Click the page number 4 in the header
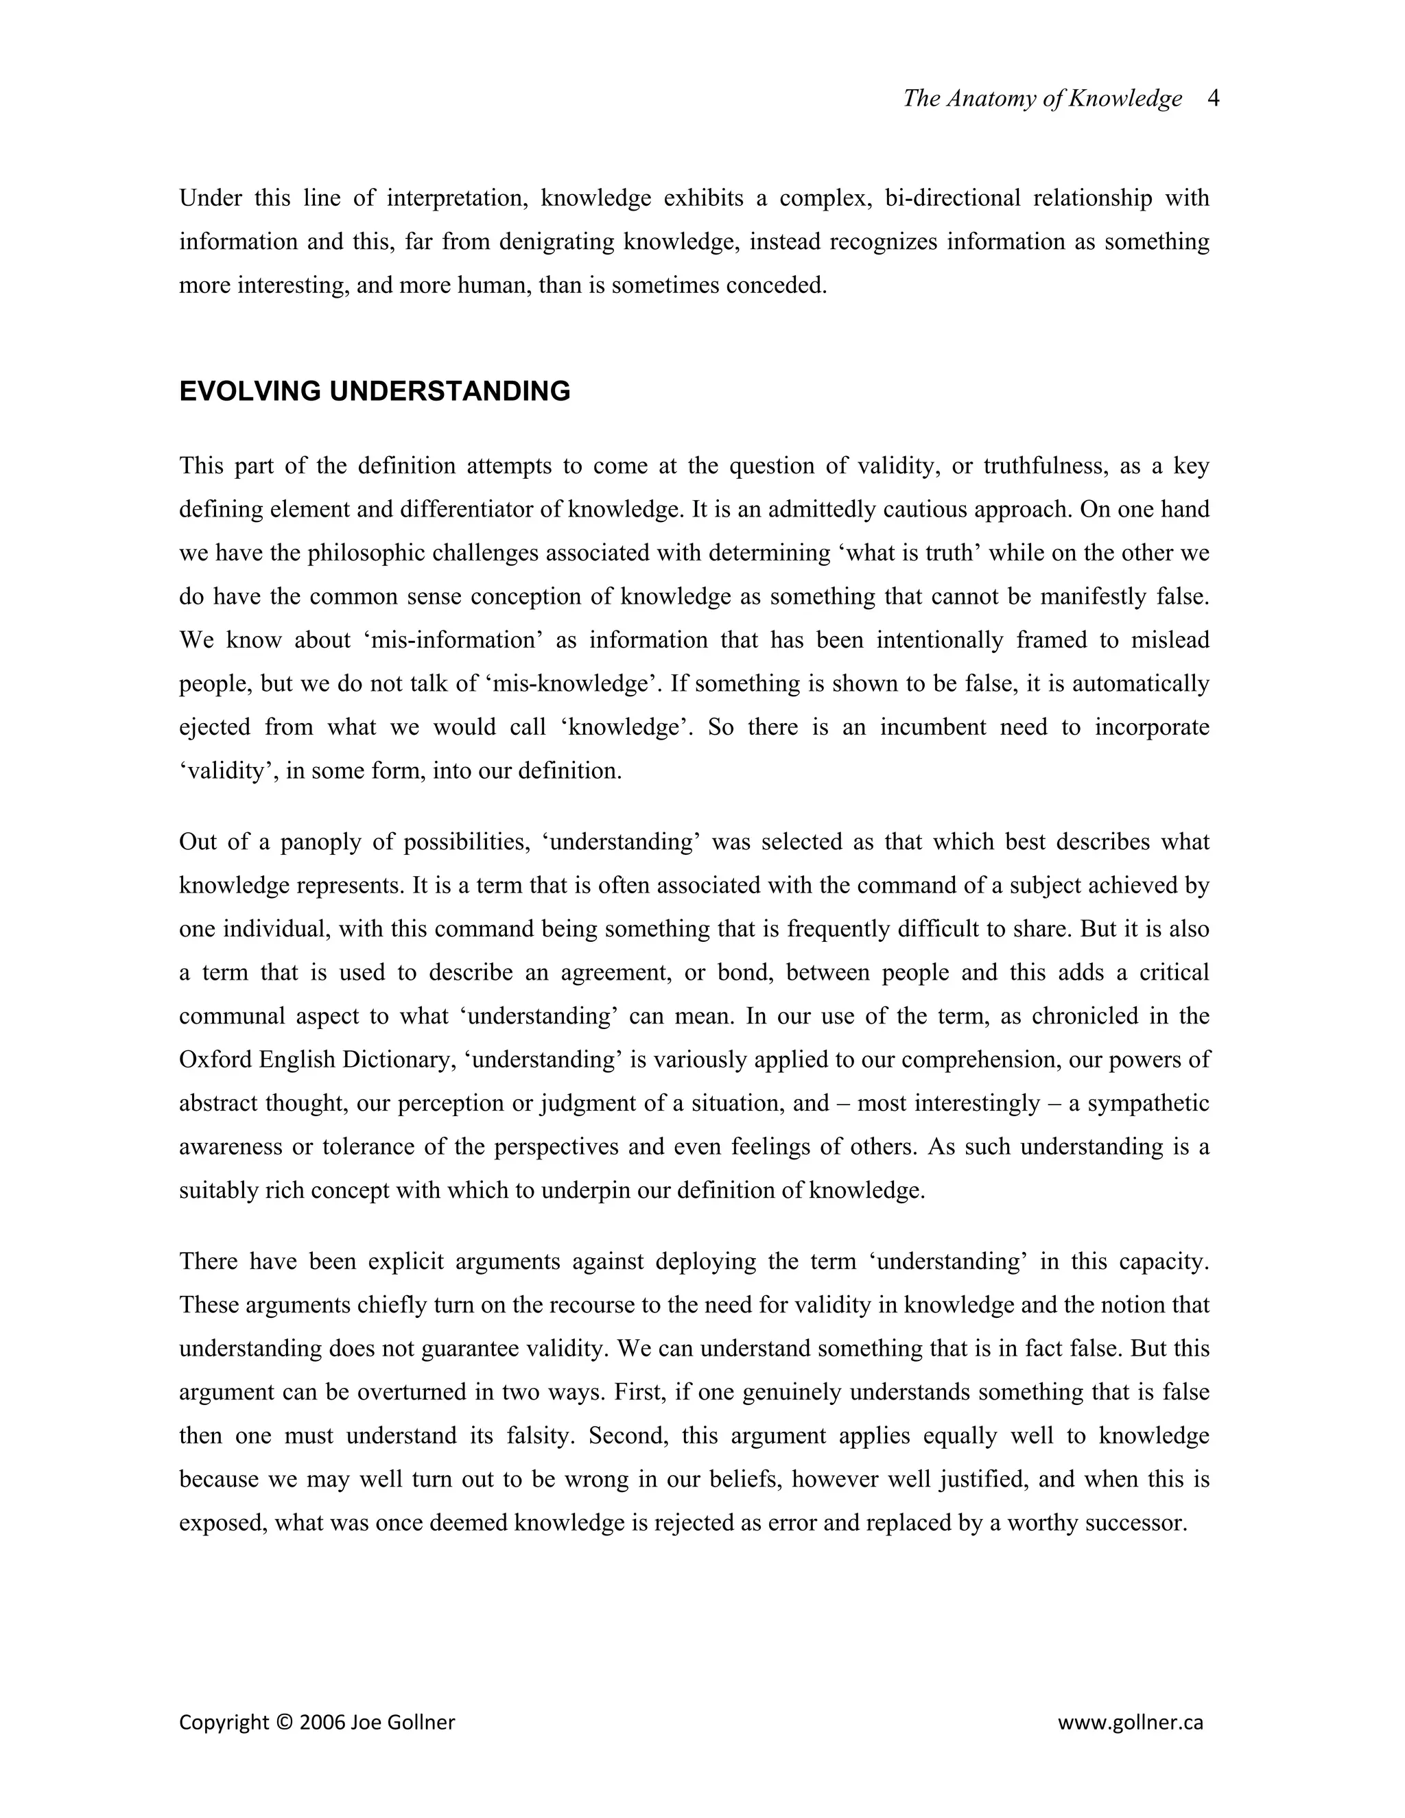(x=1213, y=98)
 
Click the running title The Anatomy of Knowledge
(x=1042, y=98)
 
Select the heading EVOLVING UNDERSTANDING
(x=375, y=391)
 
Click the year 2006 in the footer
(x=322, y=1722)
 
